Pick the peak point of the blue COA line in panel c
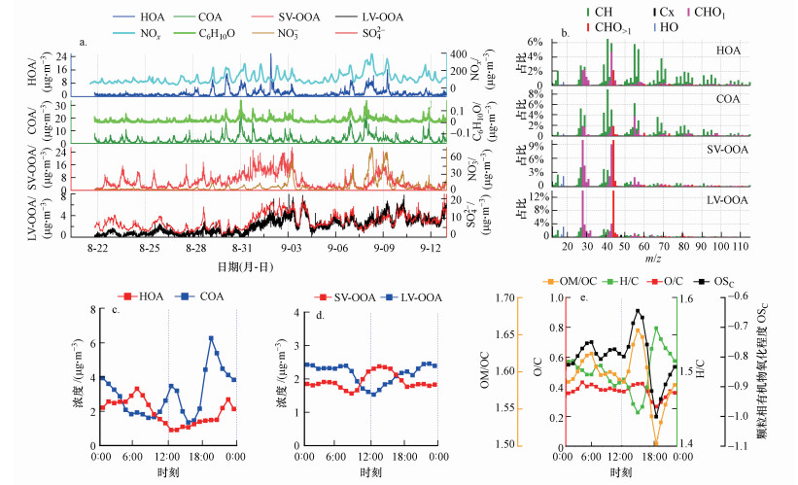coord(211,338)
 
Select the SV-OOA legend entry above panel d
coord(335,295)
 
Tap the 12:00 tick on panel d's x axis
coord(370,456)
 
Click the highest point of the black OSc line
coord(639,311)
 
